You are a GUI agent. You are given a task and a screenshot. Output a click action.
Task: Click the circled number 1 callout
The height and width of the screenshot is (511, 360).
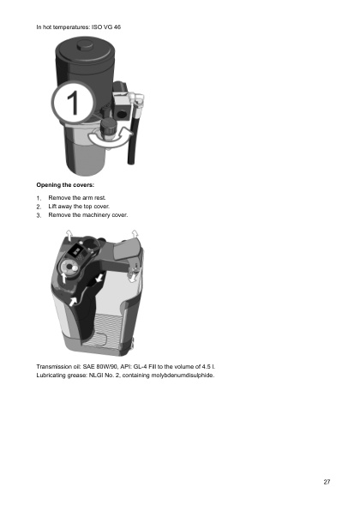(x=74, y=102)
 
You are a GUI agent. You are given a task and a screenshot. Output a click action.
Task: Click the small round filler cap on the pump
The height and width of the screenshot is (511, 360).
(x=108, y=126)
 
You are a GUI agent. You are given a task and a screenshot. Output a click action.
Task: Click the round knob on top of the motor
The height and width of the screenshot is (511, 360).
(x=86, y=45)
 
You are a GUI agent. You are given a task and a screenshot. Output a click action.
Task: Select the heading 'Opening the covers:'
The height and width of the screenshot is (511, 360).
(x=65, y=185)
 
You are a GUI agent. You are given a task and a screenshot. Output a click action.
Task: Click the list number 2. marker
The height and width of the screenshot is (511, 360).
(x=39, y=207)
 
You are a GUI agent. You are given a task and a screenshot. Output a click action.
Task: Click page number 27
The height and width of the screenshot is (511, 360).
(x=327, y=482)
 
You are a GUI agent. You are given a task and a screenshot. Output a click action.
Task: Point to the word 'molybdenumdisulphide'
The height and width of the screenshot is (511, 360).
(x=183, y=375)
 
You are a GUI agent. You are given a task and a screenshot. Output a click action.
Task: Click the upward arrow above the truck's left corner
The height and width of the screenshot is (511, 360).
(x=69, y=235)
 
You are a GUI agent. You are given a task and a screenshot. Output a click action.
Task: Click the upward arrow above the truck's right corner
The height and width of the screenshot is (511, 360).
(x=135, y=234)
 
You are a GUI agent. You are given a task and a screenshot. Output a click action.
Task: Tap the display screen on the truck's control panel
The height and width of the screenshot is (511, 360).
(x=77, y=251)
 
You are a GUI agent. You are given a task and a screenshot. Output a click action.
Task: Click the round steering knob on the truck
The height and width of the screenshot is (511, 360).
(x=69, y=268)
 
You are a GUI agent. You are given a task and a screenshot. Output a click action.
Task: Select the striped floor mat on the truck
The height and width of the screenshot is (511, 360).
(x=102, y=328)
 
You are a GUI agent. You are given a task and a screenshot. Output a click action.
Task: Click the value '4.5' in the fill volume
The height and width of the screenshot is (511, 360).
(x=206, y=367)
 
